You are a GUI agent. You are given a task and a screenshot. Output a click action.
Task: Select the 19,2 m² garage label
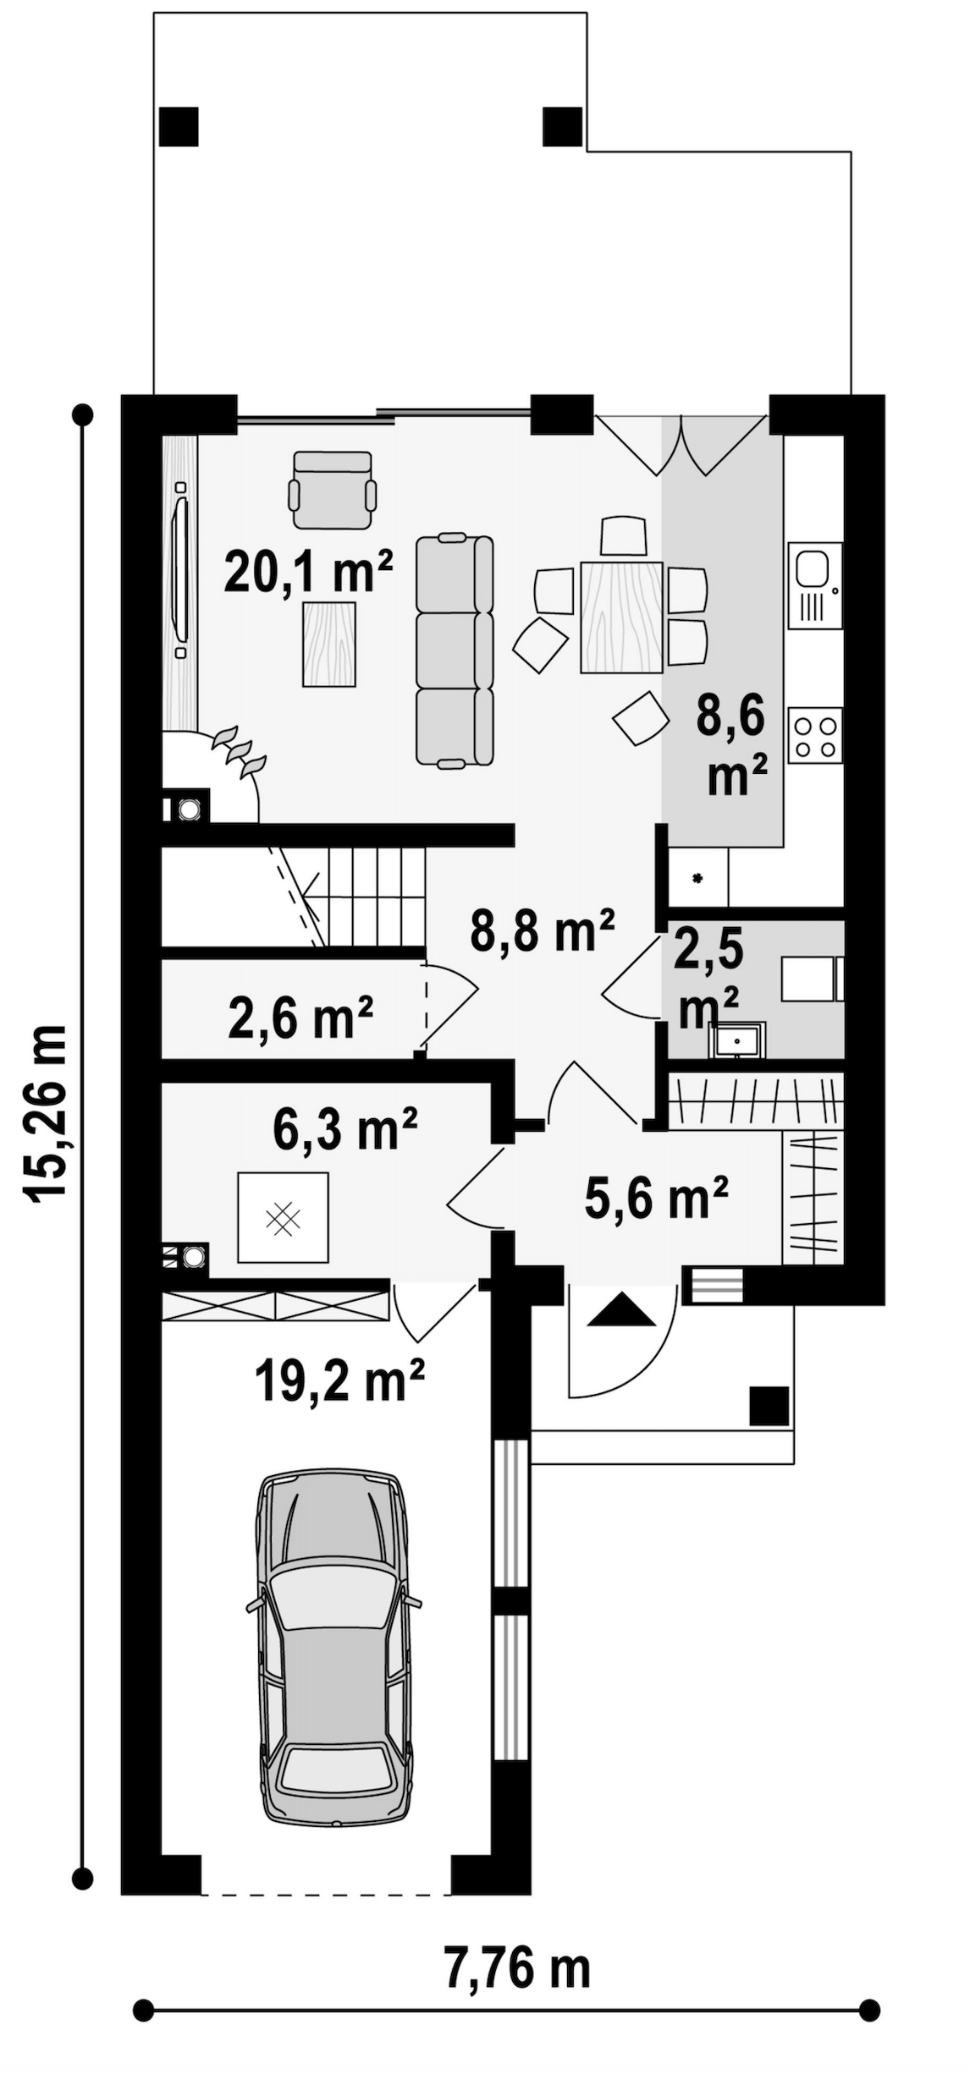339,1380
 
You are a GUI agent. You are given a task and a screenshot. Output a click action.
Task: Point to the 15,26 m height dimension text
44,1112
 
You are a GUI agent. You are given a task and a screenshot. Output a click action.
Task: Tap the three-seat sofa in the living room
455,650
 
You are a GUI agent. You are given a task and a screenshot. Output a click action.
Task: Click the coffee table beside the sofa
329,644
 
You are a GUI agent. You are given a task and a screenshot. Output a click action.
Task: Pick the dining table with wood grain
621,617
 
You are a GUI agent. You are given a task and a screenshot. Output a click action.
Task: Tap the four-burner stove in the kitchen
815,735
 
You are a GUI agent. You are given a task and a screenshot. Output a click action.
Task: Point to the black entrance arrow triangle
621,1309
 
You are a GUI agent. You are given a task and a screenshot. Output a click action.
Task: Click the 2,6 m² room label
300,1018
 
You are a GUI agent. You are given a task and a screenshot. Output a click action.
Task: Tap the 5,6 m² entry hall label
656,1198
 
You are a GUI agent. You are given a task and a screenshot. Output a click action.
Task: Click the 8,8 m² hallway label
543,930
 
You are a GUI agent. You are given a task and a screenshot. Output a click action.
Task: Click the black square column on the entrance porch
769,1406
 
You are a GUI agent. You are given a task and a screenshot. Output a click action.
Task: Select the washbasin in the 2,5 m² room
739,1040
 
